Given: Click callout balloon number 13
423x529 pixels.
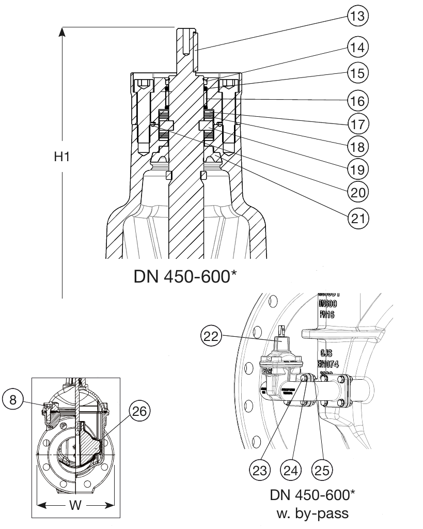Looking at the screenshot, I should pyautogui.click(x=357, y=16).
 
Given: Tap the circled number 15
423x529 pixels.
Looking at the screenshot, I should pyautogui.click(x=357, y=73).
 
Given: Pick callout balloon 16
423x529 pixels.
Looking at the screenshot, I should pyautogui.click(x=357, y=99).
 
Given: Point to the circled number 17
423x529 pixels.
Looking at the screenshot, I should pyautogui.click(x=357, y=123).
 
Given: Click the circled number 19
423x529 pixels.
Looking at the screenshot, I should pyautogui.click(x=357, y=169).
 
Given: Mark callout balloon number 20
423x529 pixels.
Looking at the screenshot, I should pyautogui.click(x=357, y=193).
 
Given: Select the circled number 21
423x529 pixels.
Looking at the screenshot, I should pyautogui.click(x=357, y=217).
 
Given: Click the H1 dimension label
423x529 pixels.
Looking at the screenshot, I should pyautogui.click(x=62, y=158).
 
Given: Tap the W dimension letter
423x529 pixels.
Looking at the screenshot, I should pyautogui.click(x=75, y=505).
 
